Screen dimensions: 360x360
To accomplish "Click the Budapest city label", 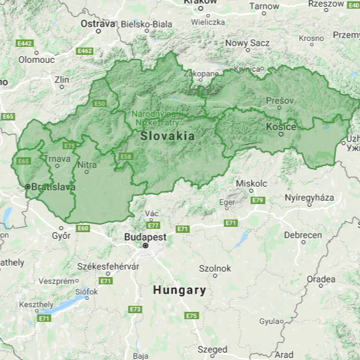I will [x=145, y=237].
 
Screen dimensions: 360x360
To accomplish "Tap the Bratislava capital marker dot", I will [x=27, y=187].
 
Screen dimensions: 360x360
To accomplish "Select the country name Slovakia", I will [x=167, y=136].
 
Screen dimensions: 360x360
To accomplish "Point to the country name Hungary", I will [x=179, y=290].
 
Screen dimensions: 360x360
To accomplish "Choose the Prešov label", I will [x=280, y=100].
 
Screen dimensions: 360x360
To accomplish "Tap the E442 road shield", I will [x=25, y=43].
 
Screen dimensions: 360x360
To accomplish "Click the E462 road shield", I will [x=84, y=51].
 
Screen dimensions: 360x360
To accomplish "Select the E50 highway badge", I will [x=100, y=104].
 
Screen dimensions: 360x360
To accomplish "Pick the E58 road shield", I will [x=125, y=156].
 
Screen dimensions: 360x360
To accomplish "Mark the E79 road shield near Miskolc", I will [x=258, y=200].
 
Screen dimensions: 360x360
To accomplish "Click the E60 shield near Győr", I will [x=82, y=228].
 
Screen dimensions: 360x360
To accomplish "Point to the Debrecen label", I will [x=302, y=235].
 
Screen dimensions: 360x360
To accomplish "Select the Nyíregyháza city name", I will [x=309, y=198].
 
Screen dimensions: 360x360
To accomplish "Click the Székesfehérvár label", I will [x=108, y=266].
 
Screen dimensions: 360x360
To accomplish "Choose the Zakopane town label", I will [x=201, y=74].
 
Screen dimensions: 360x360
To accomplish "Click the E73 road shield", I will [x=136, y=309].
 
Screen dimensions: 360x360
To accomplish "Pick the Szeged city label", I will [x=212, y=349].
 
